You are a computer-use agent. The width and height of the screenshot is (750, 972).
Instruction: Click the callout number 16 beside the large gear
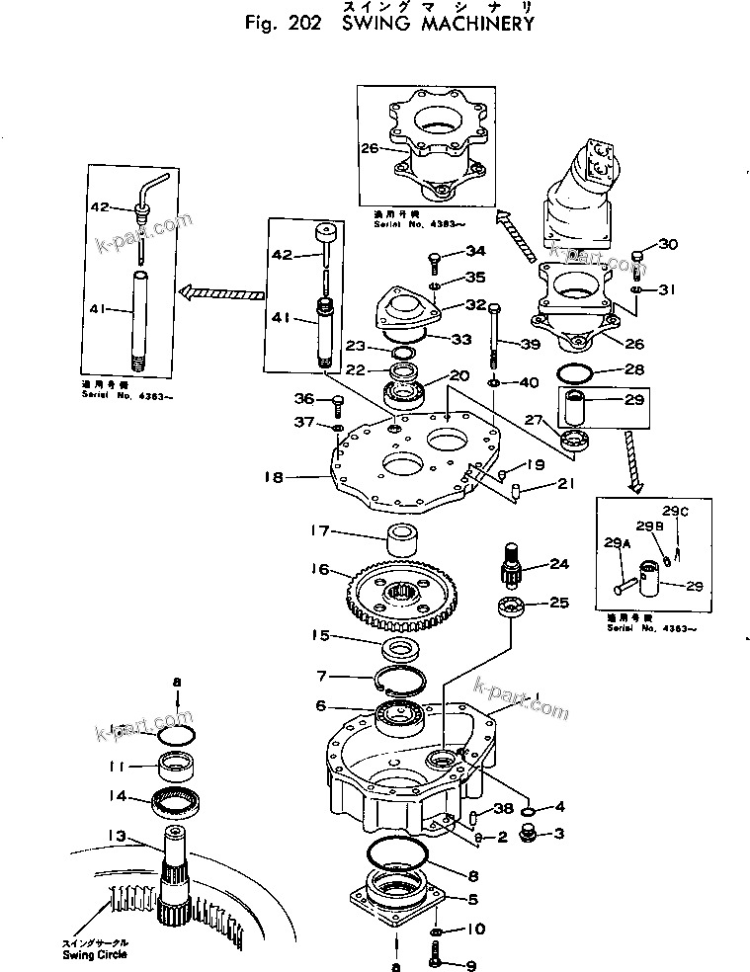tap(320, 569)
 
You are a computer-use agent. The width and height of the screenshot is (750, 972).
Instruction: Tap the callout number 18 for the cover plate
tap(274, 476)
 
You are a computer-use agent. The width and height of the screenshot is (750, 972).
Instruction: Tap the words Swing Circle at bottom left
tap(96, 955)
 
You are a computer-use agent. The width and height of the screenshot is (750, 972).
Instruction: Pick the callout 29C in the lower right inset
tap(674, 512)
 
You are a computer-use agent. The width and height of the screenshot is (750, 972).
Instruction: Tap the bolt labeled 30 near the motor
tap(637, 259)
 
